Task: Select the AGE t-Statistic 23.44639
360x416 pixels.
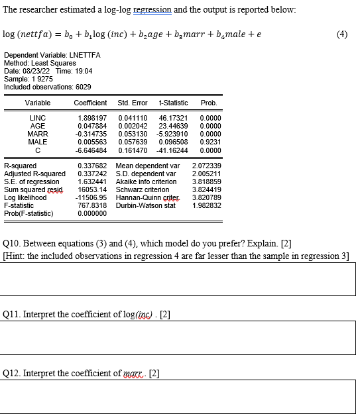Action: [x=174, y=125]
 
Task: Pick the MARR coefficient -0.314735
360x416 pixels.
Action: [x=91, y=133]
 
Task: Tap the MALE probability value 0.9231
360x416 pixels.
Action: [x=210, y=141]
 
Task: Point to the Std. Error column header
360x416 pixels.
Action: [x=133, y=103]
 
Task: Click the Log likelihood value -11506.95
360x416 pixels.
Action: [x=91, y=197]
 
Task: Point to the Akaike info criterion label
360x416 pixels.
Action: [x=146, y=182]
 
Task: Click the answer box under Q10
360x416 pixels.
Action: [x=178, y=279]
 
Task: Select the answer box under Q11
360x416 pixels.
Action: [x=178, y=337]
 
